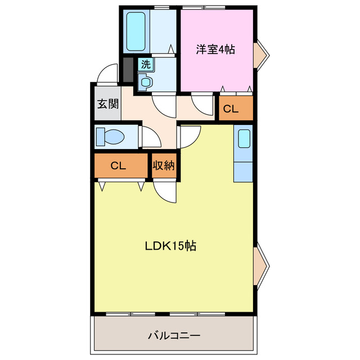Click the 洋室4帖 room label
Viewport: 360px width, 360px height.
click(x=215, y=49)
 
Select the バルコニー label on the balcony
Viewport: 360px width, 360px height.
click(x=174, y=336)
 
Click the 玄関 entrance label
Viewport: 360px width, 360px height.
click(x=107, y=104)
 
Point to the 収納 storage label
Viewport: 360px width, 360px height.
click(x=164, y=166)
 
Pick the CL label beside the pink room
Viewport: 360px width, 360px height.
click(x=231, y=110)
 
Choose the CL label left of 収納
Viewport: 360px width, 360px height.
click(x=118, y=166)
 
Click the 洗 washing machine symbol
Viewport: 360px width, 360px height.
click(x=146, y=64)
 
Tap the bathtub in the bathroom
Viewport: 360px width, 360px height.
click(x=135, y=31)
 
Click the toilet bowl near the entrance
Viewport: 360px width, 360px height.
click(x=111, y=137)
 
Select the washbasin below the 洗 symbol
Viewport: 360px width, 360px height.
click(x=146, y=82)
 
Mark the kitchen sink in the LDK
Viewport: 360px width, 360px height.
click(x=244, y=138)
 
